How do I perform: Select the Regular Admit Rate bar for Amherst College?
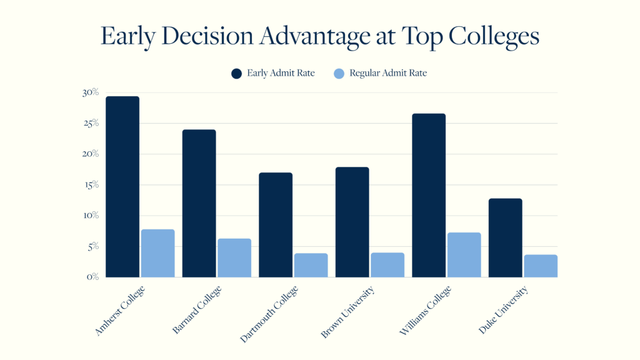pyautogui.click(x=157, y=253)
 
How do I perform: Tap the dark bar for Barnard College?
pyautogui.click(x=199, y=203)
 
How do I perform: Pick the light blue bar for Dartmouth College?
pyautogui.click(x=311, y=265)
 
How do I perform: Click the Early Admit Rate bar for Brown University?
pyautogui.click(x=352, y=222)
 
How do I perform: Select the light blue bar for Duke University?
pyautogui.click(x=541, y=266)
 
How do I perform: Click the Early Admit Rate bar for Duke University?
pyautogui.click(x=505, y=237)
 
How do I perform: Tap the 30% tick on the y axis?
pyautogui.click(x=91, y=92)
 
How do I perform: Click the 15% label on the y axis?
pyautogui.click(x=91, y=185)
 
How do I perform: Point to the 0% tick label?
pyautogui.click(x=92, y=277)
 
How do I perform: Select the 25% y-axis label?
pyautogui.click(x=91, y=124)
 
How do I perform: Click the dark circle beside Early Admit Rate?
pyautogui.click(x=236, y=73)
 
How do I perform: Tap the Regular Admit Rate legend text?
pyautogui.click(x=387, y=73)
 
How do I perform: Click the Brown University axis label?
pyautogui.click(x=347, y=312)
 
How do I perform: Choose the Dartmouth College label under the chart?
pyautogui.click(x=269, y=314)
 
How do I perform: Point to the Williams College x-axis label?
pyautogui.click(x=424, y=312)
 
